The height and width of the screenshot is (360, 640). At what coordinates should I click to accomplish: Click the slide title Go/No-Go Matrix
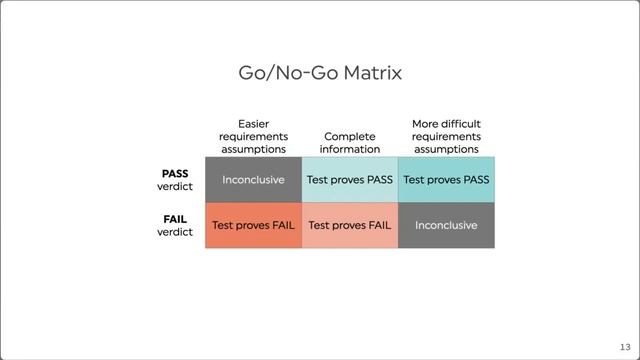point(320,73)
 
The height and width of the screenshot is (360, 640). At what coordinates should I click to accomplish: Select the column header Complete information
point(350,142)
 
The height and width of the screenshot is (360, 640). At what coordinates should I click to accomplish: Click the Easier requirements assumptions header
point(253,136)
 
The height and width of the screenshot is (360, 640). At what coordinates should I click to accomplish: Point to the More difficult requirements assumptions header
point(446,136)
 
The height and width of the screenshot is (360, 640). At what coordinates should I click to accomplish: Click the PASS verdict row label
point(175,179)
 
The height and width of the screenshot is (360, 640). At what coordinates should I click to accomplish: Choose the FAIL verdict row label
point(175,225)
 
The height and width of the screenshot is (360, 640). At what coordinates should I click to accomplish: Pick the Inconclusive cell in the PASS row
point(253,180)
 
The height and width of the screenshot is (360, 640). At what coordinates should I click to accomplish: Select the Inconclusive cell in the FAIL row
point(446,225)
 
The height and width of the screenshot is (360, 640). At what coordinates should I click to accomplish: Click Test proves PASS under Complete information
point(350,180)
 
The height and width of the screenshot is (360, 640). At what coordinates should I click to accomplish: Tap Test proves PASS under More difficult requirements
point(446,180)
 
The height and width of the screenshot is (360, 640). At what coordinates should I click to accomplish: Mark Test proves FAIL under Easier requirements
point(253,225)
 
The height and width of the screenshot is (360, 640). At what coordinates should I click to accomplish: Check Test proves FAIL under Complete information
point(350,225)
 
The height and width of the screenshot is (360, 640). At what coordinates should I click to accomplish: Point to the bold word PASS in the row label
point(175,173)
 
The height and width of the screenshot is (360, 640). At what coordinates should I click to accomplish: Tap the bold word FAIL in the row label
point(175,218)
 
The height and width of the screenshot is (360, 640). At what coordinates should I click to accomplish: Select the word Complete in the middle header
point(350,135)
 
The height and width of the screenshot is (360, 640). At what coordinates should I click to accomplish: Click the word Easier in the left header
point(253,123)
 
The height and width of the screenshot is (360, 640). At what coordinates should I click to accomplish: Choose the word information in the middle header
point(350,149)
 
